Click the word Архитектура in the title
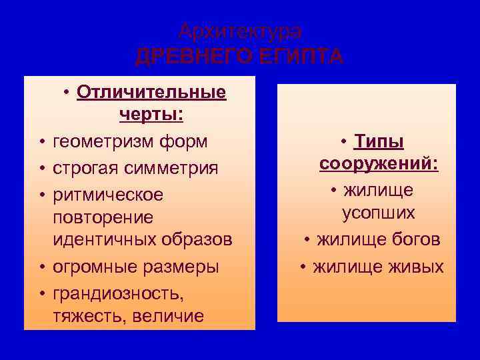coord(240,31)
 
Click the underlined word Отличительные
coord(151,91)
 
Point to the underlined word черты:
coord(151,115)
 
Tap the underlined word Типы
coord(379,141)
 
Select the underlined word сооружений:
coord(379,164)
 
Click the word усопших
coord(379,213)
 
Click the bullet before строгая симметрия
coord(41,169)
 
